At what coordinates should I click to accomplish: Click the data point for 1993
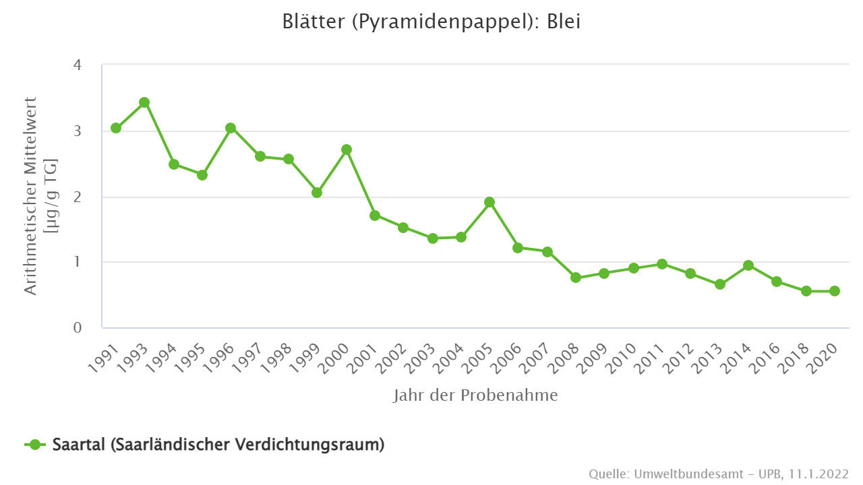pos(144,102)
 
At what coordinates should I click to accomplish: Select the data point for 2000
pos(347,150)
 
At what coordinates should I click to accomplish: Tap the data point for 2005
pos(490,202)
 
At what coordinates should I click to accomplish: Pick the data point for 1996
pos(231,128)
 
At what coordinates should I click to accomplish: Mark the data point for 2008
pos(576,278)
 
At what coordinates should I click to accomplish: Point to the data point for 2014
pos(748,265)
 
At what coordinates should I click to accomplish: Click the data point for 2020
pos(835,291)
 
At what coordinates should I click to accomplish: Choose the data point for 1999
pos(317,193)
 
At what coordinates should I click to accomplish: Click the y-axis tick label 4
pos(78,65)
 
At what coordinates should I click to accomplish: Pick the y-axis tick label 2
pos(78,197)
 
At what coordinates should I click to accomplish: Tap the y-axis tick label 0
pos(78,328)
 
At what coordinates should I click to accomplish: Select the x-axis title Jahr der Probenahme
pos(475,395)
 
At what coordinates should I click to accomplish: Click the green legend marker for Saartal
pos(35,445)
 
